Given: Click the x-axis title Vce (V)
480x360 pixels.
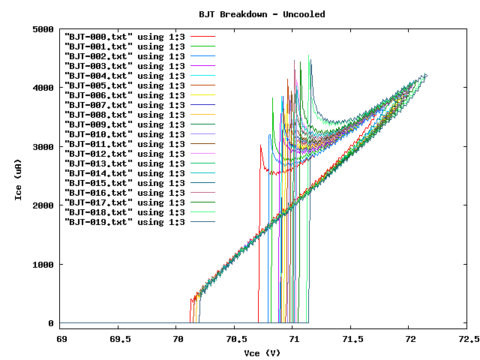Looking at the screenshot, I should point(262,352).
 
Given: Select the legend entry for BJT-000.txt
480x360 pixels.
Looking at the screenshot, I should point(124,37).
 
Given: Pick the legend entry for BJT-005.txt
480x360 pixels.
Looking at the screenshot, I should point(124,85).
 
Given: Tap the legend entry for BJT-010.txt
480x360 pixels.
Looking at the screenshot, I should point(124,134).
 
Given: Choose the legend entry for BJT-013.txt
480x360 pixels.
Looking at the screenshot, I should point(124,163).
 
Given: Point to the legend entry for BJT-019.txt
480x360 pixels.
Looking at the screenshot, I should point(124,222).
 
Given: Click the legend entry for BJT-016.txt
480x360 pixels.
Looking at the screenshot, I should point(124,193).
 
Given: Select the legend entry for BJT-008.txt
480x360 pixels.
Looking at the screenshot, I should point(124,115).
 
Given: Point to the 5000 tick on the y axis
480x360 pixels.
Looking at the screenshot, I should point(42,29).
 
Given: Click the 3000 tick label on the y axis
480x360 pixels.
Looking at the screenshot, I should point(42,147).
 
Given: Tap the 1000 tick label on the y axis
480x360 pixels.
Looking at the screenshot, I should point(42,265).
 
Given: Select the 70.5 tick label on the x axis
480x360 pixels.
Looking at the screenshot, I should point(235,339).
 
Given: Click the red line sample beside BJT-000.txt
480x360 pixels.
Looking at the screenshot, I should point(202,37).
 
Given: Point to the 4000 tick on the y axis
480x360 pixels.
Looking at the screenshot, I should point(42,88).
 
